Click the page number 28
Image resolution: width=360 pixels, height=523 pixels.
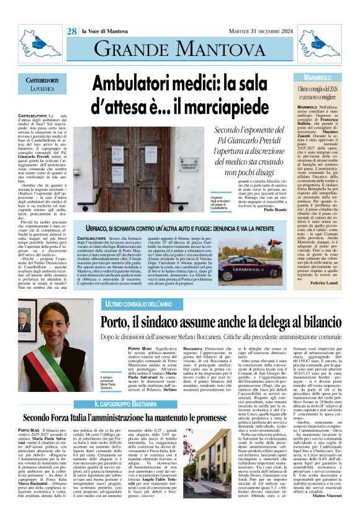coord(72,31)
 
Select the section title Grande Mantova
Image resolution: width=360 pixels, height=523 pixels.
coord(179,47)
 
